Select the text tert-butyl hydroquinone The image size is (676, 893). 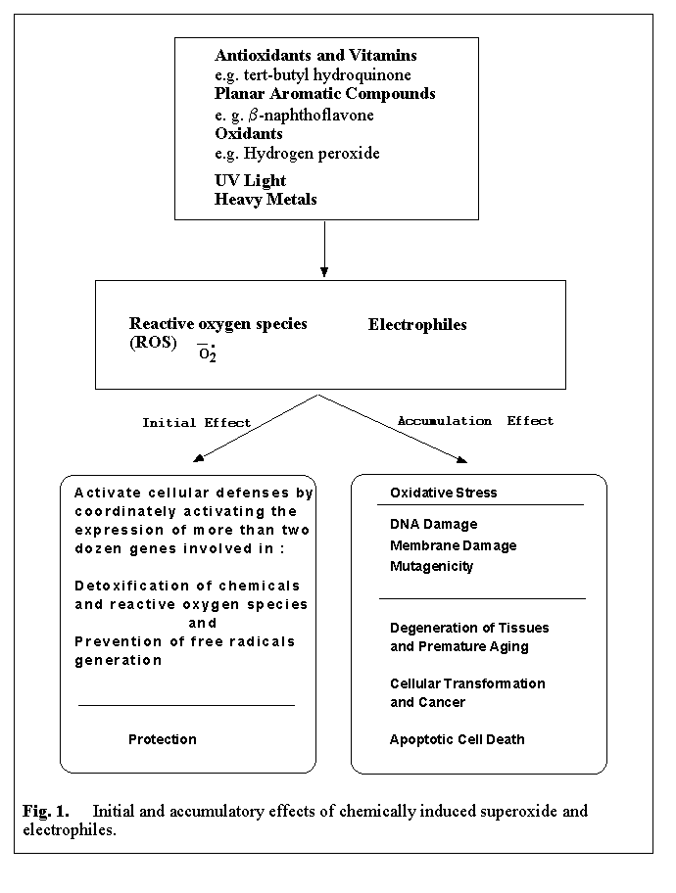(327, 75)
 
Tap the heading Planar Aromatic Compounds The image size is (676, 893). (325, 94)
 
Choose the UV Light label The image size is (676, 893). (251, 180)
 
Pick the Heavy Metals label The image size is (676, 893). (266, 199)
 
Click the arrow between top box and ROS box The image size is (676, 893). (324, 249)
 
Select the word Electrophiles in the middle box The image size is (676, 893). (417, 325)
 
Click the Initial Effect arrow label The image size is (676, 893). (196, 423)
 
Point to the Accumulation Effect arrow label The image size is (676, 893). (475, 421)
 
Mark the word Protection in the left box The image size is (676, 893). (163, 739)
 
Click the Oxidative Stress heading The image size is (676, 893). (443, 493)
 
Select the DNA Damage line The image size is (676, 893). (433, 525)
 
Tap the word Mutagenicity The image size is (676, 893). (431, 566)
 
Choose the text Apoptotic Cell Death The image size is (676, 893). (457, 739)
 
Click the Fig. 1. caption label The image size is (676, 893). (46, 812)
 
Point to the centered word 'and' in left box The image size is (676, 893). (203, 624)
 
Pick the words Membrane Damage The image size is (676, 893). (453, 545)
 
